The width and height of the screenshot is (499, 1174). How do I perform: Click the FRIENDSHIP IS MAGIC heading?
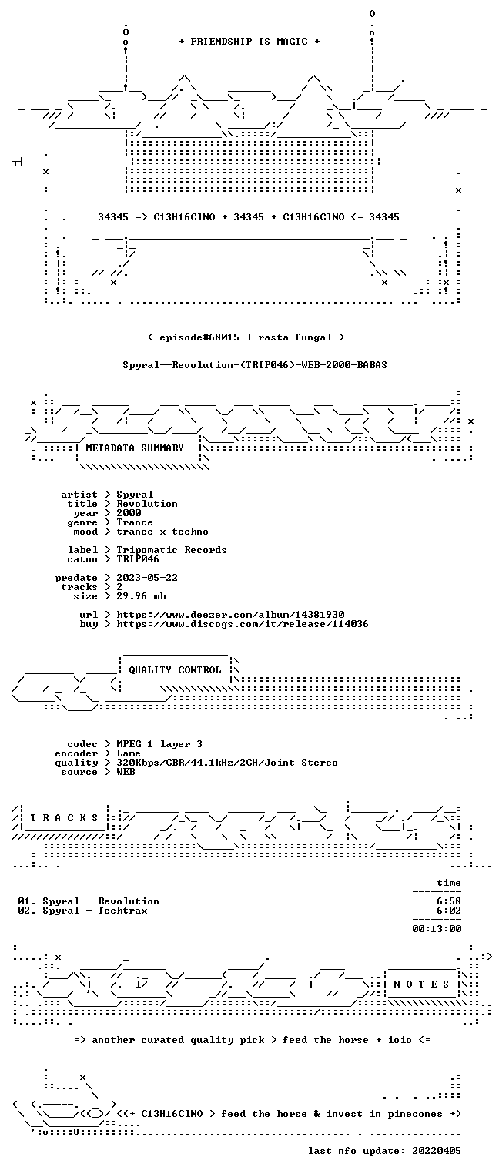[x=249, y=42]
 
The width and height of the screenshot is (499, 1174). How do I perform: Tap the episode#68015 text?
[x=199, y=337]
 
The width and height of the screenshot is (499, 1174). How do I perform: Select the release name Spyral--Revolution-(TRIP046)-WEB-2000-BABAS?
[x=255, y=365]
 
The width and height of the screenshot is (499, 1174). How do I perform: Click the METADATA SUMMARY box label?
[x=135, y=448]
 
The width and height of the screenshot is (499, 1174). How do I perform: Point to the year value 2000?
[x=129, y=513]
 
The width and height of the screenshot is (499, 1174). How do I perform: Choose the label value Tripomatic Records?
[x=172, y=550]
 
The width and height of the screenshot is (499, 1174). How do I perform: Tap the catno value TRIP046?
[x=138, y=559]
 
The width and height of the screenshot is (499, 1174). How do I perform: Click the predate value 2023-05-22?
[x=147, y=578]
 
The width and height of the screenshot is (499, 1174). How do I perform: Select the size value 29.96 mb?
[x=141, y=596]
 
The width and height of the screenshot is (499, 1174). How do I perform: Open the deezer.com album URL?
[x=230, y=615]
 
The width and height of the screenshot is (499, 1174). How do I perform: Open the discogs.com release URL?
[x=242, y=624]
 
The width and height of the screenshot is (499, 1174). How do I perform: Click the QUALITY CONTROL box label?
[x=175, y=670]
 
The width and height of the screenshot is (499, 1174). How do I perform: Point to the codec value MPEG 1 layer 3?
[x=159, y=744]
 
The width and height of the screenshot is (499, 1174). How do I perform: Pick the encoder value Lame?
[x=129, y=753]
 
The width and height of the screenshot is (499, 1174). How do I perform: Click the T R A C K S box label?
[x=65, y=818]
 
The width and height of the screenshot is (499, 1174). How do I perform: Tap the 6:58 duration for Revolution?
[x=449, y=901]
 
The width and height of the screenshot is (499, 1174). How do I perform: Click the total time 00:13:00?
[x=437, y=929]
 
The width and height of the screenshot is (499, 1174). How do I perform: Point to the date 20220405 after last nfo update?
[x=437, y=1151]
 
